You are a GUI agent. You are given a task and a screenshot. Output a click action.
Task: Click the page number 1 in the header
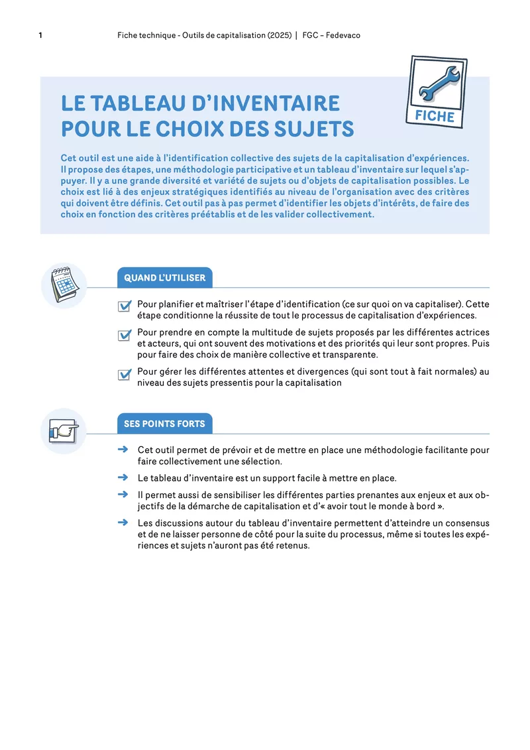pos(41,35)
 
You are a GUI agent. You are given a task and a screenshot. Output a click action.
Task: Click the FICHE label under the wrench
pos(435,116)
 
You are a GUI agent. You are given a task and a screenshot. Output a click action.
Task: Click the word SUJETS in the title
pos(317,129)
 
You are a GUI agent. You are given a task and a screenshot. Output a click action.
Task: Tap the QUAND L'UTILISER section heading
pos(165,278)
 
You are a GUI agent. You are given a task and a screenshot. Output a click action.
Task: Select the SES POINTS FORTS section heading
pos(164,424)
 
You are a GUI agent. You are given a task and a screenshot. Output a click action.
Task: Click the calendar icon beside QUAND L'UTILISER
pos(64,285)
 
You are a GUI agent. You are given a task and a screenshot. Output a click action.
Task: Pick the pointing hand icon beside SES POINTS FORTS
pos(64,431)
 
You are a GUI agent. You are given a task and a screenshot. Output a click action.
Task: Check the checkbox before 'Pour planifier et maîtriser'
pos(124,306)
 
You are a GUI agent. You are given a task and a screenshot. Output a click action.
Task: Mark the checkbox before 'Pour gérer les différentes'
pos(124,375)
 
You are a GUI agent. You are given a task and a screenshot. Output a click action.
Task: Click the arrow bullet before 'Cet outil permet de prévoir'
pos(122,450)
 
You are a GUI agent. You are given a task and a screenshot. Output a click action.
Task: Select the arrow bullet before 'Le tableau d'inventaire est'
pos(122,477)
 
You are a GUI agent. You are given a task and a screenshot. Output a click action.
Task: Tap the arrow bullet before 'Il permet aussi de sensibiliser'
pos(122,494)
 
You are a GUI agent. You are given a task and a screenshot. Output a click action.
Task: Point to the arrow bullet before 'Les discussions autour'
pos(122,522)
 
